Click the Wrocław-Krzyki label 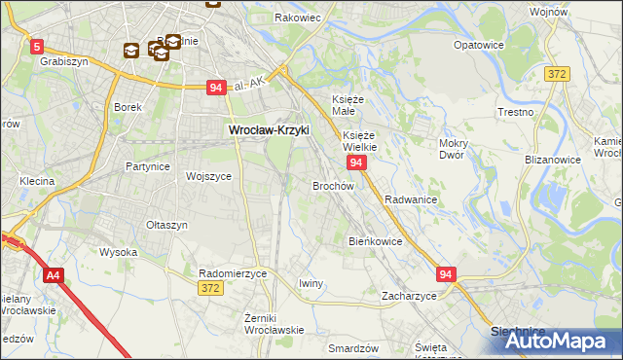pyautogui.click(x=268, y=128)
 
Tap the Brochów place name pyautogui.click(x=332, y=185)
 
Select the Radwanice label pyautogui.click(x=410, y=198)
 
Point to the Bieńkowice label pyautogui.click(x=375, y=240)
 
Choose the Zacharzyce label pyautogui.click(x=409, y=295)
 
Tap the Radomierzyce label pyautogui.click(x=233, y=274)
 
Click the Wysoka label pyautogui.click(x=118, y=252)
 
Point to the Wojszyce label pyautogui.click(x=208, y=177)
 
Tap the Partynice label pyautogui.click(x=148, y=166)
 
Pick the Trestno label pyautogui.click(x=515, y=112)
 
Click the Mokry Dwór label pyautogui.click(x=454, y=148)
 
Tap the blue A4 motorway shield pyautogui.click(x=53, y=276)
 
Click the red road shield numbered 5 pyautogui.click(x=36, y=46)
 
